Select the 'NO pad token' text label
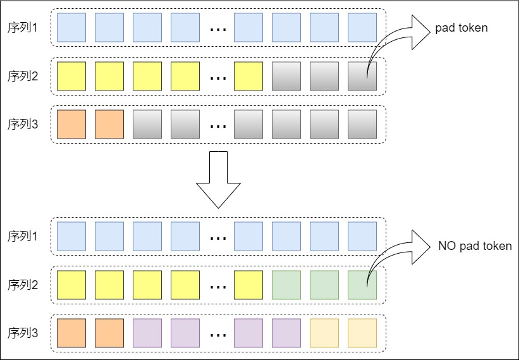(475, 246)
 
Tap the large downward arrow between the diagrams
(218, 180)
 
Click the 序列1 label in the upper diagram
(23, 28)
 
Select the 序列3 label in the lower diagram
(23, 333)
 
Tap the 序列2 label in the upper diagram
(23, 77)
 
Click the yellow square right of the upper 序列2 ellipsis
(248, 77)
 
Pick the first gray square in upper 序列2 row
(286, 77)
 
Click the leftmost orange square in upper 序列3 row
(71, 125)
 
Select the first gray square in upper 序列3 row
(147, 125)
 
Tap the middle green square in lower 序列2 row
(324, 285)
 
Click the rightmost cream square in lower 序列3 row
(362, 333)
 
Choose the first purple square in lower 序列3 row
(147, 333)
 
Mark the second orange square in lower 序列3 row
(109, 333)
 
